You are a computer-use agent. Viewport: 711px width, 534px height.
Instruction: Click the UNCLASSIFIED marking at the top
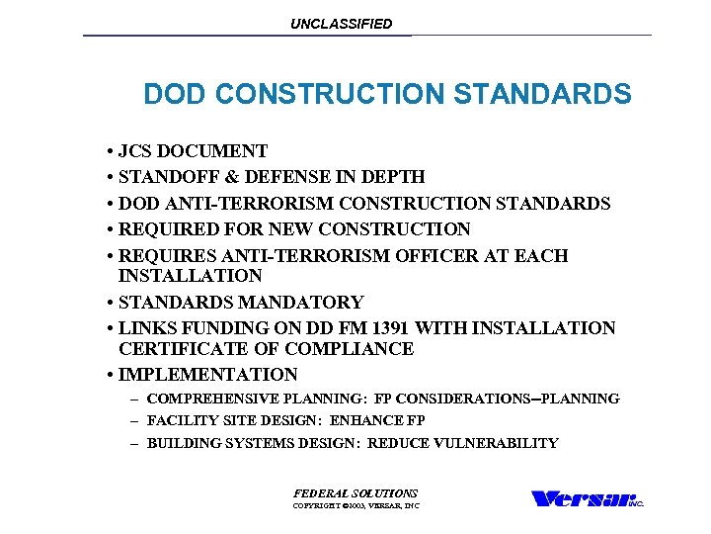point(341,24)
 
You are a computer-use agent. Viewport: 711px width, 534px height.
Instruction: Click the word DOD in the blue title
point(175,95)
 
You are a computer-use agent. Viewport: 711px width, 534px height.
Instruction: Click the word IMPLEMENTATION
point(207,375)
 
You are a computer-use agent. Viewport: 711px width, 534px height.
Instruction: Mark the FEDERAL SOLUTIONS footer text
point(355,492)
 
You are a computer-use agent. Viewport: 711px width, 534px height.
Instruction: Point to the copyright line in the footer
point(355,506)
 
